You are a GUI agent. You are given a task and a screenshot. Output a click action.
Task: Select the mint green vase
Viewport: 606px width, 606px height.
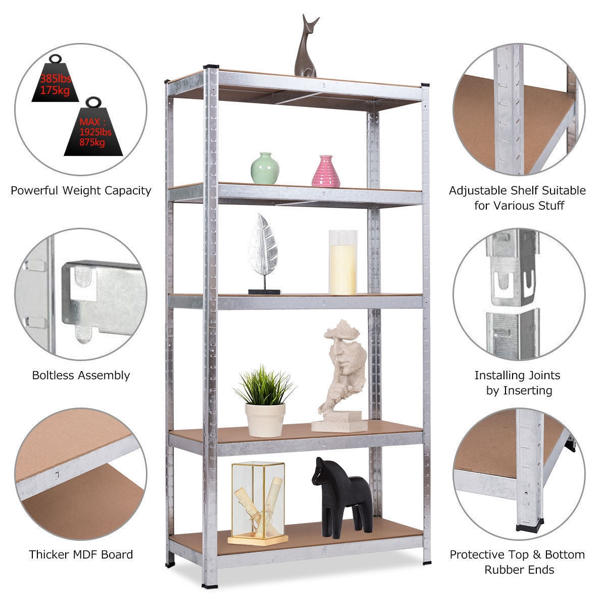click(265, 169)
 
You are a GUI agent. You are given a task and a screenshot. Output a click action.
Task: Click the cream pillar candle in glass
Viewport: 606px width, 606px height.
click(343, 263)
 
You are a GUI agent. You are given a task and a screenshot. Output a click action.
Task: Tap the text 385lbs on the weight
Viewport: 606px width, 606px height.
click(56, 79)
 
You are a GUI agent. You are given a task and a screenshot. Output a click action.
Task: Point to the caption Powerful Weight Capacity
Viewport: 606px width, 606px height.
click(81, 190)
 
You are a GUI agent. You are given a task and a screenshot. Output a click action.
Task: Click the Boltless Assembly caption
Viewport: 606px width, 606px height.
click(81, 375)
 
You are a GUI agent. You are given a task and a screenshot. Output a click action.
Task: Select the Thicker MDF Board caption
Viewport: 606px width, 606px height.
click(81, 554)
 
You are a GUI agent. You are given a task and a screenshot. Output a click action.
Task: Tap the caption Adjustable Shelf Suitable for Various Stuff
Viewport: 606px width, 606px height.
click(517, 198)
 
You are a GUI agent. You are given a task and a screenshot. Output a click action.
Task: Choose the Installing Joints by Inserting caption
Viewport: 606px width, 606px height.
click(517, 383)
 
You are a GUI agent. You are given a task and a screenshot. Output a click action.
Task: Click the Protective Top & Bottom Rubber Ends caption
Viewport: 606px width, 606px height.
click(517, 562)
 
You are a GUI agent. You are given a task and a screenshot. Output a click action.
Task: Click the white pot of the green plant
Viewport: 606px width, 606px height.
click(265, 419)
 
